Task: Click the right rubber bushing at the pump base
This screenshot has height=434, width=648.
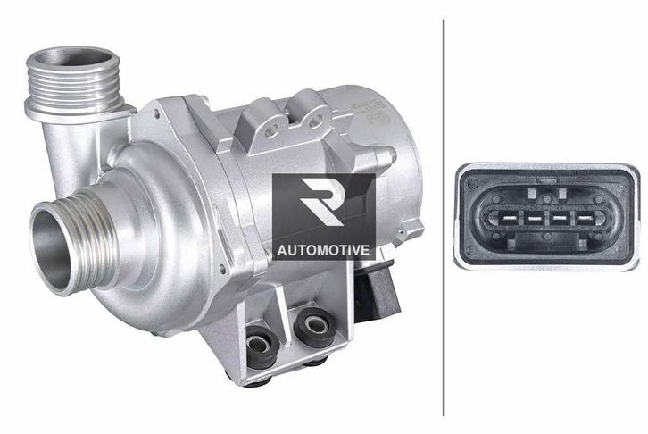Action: pos(312,325)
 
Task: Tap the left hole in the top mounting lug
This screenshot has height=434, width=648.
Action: pos(264,131)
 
